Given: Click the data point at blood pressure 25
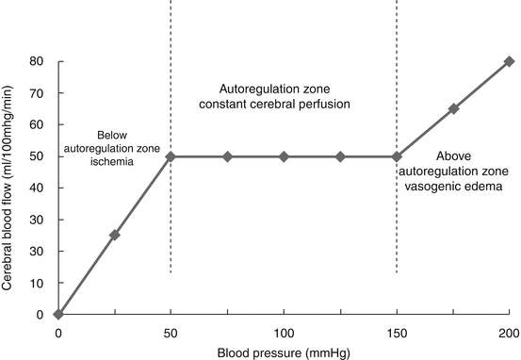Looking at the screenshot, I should (x=115, y=235).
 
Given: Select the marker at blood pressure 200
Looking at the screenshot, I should (x=509, y=61).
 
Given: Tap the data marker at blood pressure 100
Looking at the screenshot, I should (x=284, y=156).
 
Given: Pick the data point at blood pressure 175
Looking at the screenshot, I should (x=453, y=108).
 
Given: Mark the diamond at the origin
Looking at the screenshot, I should (x=58, y=314).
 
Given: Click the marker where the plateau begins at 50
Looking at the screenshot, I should (x=171, y=156).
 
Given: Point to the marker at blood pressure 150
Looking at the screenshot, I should (x=397, y=156).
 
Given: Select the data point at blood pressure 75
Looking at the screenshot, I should (x=227, y=156).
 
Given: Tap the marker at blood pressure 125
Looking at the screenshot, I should (x=340, y=156).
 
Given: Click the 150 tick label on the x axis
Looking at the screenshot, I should (x=397, y=333).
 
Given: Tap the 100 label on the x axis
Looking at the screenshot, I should (x=284, y=333).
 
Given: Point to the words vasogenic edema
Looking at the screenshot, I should (x=462, y=188).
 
